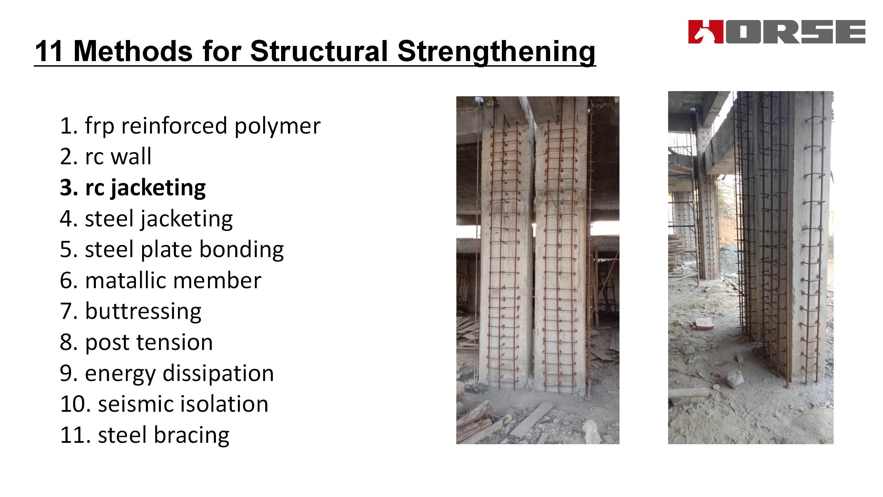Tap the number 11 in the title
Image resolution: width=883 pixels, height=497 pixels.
click(x=49, y=51)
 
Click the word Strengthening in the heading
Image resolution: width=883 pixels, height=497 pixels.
click(x=496, y=52)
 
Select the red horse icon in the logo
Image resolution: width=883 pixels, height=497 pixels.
click(x=705, y=32)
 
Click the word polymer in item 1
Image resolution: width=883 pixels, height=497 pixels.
click(x=278, y=126)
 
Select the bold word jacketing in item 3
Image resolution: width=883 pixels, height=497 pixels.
click(x=158, y=189)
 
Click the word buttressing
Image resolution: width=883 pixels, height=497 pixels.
click(x=143, y=312)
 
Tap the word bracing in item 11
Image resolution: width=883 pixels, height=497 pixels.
click(x=191, y=436)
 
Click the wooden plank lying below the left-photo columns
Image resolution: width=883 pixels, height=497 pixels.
click(x=531, y=420)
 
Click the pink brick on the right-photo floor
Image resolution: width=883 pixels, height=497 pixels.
click(x=704, y=323)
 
